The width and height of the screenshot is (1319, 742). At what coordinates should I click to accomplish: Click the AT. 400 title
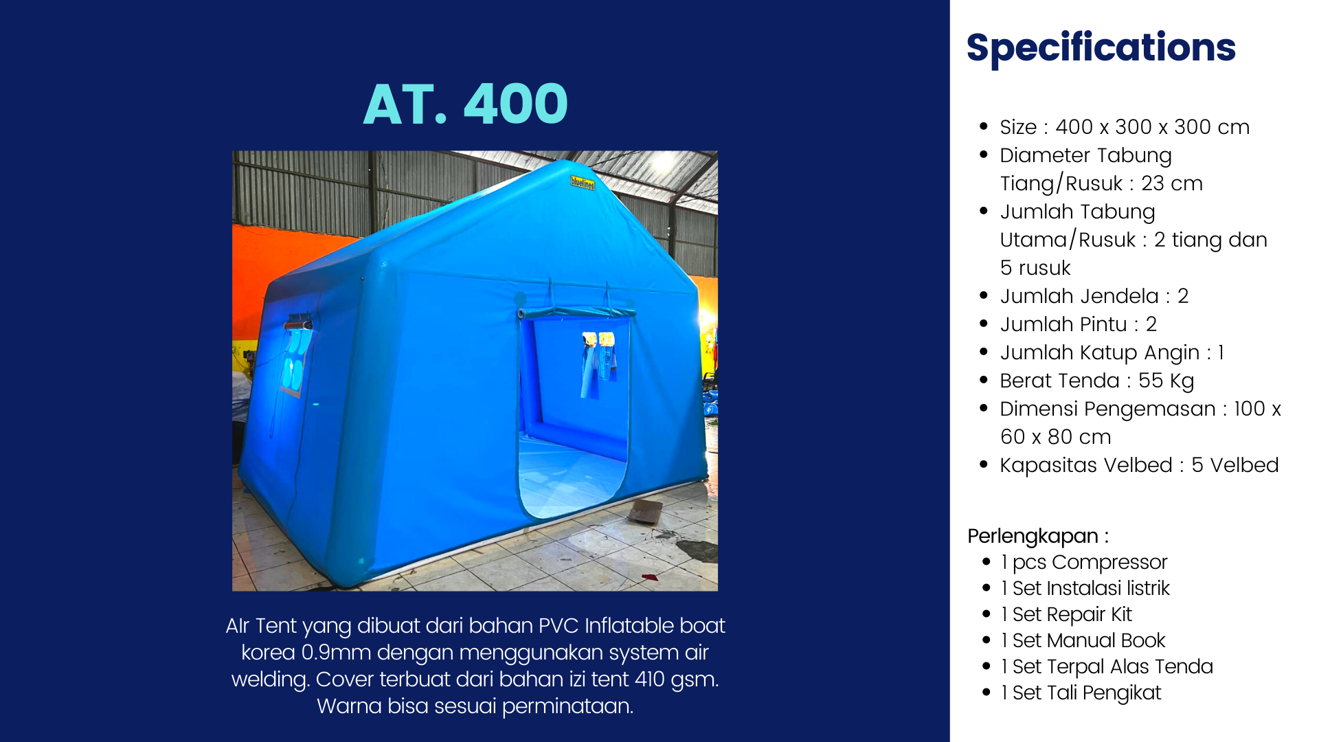[465, 104]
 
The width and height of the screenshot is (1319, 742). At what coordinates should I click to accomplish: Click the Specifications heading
[1101, 48]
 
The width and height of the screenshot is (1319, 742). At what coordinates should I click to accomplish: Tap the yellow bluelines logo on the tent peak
[583, 183]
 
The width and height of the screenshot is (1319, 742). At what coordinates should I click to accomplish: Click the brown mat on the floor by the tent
[645, 511]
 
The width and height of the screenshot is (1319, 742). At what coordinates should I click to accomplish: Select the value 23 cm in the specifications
[1172, 183]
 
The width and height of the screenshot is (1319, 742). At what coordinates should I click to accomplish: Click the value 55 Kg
[1166, 381]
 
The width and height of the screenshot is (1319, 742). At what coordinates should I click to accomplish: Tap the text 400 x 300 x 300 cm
[1152, 127]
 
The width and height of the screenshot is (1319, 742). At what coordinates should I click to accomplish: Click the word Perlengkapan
[1033, 537]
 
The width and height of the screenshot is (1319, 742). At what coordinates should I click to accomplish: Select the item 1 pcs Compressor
[1084, 563]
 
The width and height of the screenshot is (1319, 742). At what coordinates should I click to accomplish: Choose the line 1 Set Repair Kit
[1066, 614]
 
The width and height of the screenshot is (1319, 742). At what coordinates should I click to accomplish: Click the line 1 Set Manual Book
[1083, 640]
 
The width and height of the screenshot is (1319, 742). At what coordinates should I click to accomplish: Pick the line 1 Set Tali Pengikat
[1081, 693]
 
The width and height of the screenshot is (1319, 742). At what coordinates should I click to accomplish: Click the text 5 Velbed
[1235, 465]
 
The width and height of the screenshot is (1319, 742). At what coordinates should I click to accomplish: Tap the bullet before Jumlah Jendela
[984, 295]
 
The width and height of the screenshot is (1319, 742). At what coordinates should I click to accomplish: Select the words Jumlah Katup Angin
[1099, 353]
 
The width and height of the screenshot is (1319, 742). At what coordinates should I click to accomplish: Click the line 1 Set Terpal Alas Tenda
[1107, 666]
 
